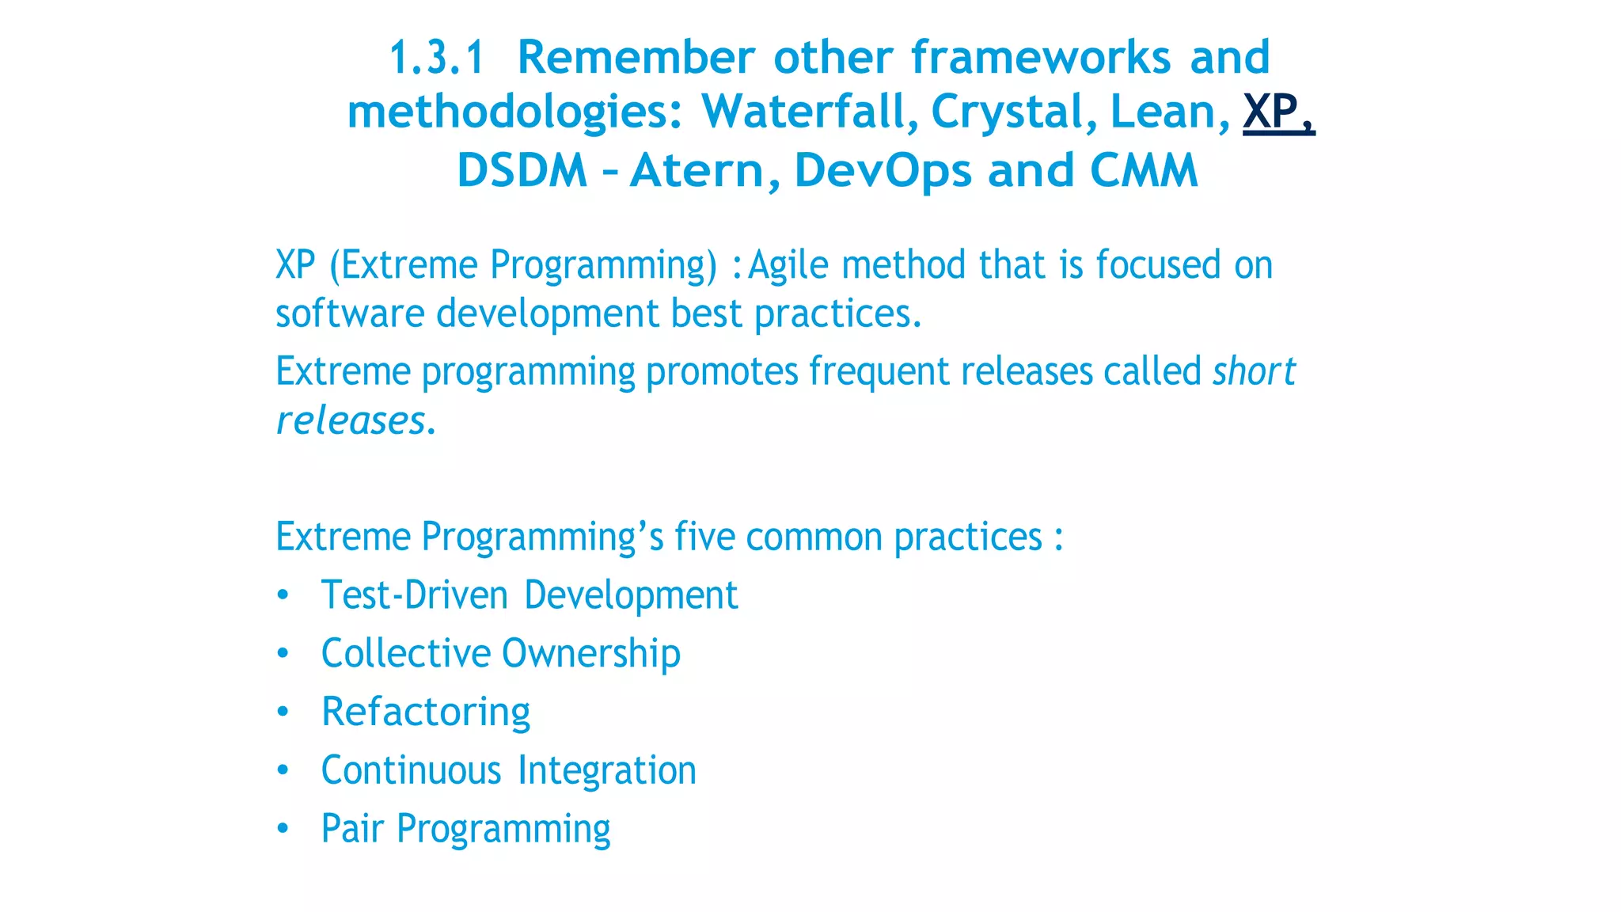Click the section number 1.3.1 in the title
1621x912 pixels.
436,59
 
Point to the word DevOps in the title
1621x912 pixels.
883,170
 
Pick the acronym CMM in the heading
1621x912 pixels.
1144,170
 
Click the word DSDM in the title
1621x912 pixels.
522,170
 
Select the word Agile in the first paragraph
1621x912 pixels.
788,265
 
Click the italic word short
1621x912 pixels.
1254,371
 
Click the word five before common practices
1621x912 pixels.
704,537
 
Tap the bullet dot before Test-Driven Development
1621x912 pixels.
283,595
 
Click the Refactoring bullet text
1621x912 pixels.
425,712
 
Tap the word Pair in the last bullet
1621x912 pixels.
351,829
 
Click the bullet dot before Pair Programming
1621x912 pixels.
283,829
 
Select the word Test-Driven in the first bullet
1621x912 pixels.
414,595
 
